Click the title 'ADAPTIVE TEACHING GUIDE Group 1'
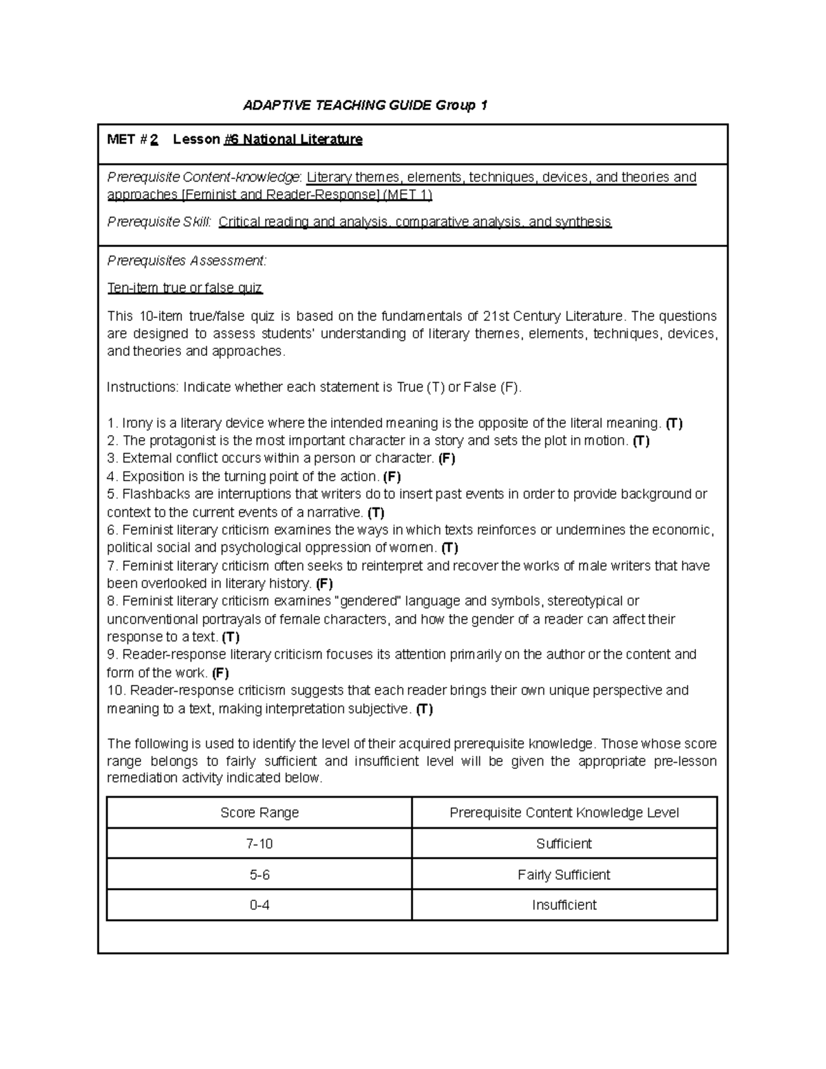pos(366,105)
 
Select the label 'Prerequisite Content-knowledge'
pos(204,178)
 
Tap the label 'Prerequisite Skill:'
pos(159,222)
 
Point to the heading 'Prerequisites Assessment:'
pos(186,261)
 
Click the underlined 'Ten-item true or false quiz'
pos(184,288)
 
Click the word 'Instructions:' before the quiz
pos(142,387)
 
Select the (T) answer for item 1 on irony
pos(674,423)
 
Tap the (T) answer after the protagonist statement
pos(641,441)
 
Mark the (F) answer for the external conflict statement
pos(447,458)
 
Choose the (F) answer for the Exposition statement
pos(392,476)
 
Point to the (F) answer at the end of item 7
pos(324,584)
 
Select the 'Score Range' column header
pos(260,813)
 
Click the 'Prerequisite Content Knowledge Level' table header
pos(564,813)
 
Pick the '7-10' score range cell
pos(260,844)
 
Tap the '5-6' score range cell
pos(260,875)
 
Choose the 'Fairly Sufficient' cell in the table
pos(564,875)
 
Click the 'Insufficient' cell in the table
pos(564,905)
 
